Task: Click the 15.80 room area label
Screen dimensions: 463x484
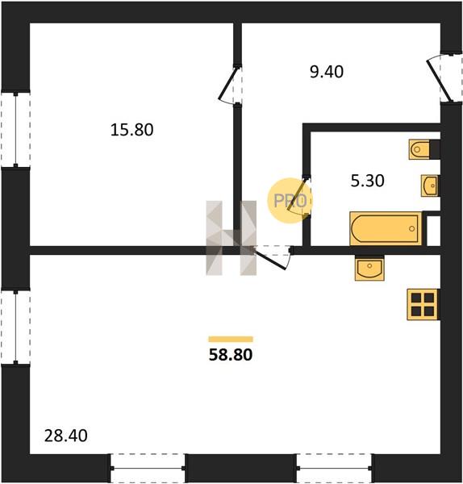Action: tap(131, 130)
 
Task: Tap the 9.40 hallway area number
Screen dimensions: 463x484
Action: tap(327, 72)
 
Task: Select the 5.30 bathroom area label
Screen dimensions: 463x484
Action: tap(367, 181)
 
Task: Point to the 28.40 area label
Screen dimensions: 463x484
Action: tap(66, 436)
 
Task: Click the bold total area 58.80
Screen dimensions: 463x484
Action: tap(231, 355)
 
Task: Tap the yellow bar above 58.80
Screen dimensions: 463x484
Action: tap(231, 340)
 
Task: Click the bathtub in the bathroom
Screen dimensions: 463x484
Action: tap(386, 228)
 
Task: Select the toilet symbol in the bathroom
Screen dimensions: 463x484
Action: tap(419, 149)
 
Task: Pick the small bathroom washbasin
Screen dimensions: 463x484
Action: tap(430, 186)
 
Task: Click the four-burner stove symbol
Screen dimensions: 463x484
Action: tap(423, 304)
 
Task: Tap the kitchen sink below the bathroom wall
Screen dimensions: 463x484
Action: tap(369, 268)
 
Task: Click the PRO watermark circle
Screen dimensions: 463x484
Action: tap(290, 201)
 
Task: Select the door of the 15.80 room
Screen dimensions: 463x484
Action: tap(230, 86)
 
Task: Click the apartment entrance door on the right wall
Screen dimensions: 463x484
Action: tap(444, 77)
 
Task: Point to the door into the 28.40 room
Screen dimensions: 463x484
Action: tap(272, 257)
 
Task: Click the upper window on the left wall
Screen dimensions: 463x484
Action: tap(15, 130)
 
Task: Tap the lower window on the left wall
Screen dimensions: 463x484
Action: tap(15, 328)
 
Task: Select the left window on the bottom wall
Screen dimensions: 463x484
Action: tap(148, 468)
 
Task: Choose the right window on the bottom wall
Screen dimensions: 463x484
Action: tap(334, 468)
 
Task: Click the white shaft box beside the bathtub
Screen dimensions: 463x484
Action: tap(433, 230)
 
